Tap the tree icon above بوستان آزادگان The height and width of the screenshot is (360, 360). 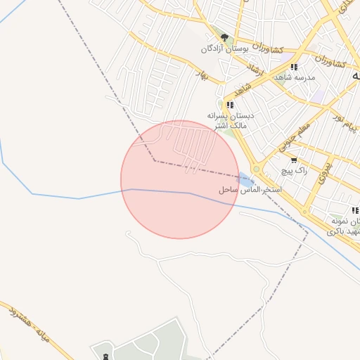click(224, 37)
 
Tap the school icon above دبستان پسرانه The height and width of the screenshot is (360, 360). click(230, 105)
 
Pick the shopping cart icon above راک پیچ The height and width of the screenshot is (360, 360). click(294, 160)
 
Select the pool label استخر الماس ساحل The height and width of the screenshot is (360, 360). click(250, 191)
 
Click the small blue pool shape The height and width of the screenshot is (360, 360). click(245, 180)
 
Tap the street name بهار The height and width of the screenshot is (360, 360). click(202, 75)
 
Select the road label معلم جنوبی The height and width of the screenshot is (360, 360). click(294, 137)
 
